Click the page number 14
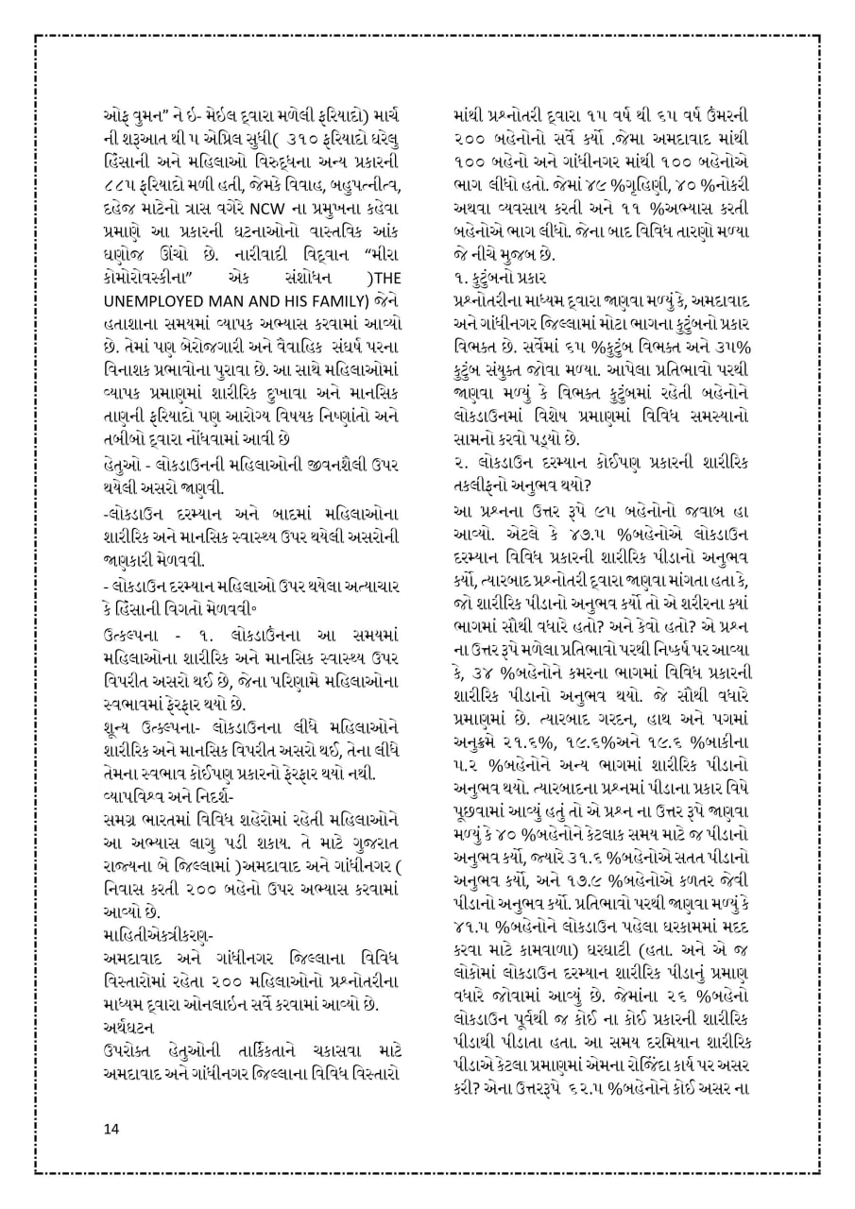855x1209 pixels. [112, 1129]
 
